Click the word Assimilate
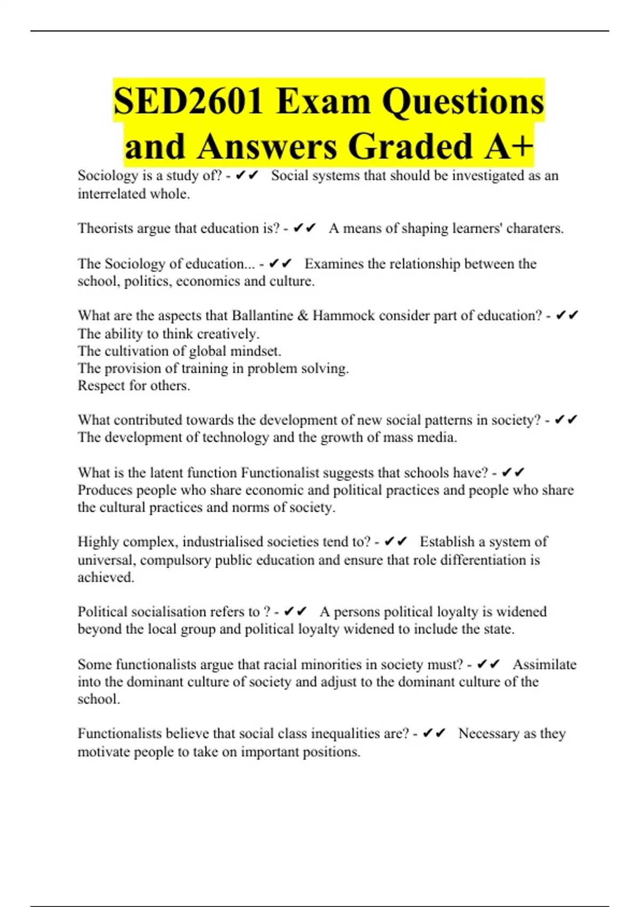pos(544,665)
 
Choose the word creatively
pos(228,334)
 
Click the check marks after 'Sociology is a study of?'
pos(247,175)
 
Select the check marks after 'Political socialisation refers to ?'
pos(295,611)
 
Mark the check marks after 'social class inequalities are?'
pos(434,734)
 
